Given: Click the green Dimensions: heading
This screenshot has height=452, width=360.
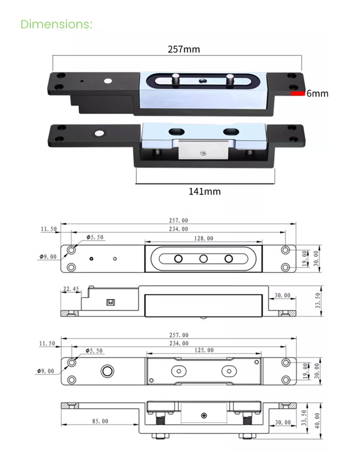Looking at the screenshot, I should [x=56, y=24].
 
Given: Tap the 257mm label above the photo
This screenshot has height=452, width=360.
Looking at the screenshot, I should [x=183, y=49].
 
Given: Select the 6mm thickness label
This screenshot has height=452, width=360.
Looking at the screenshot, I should [x=318, y=94].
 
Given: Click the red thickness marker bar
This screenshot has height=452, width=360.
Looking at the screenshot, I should [x=298, y=94].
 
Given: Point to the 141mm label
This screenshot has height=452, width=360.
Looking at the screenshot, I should [x=204, y=191].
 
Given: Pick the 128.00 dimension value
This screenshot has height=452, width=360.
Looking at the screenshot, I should [x=203, y=238].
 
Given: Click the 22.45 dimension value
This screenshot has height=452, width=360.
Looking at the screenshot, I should [x=70, y=289].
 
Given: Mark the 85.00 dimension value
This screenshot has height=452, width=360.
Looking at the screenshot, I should [x=99, y=421].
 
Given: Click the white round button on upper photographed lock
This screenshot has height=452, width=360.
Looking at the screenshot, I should [x=107, y=82].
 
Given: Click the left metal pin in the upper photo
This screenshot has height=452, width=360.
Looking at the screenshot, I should [x=176, y=80].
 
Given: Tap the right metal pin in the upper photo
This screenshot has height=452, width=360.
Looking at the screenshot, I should [x=230, y=80].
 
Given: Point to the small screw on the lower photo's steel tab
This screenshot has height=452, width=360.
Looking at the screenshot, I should [x=204, y=154].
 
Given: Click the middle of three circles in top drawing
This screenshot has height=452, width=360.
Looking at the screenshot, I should [x=204, y=259].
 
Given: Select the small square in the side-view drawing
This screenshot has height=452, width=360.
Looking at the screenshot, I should [x=110, y=303].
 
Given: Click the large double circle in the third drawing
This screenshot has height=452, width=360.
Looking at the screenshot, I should [x=107, y=371].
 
